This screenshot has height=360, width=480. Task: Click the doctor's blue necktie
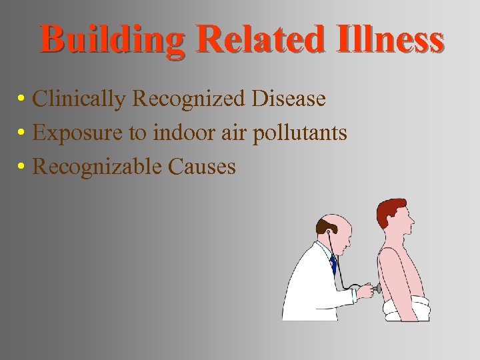333,264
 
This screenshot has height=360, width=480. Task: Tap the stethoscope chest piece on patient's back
378,289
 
